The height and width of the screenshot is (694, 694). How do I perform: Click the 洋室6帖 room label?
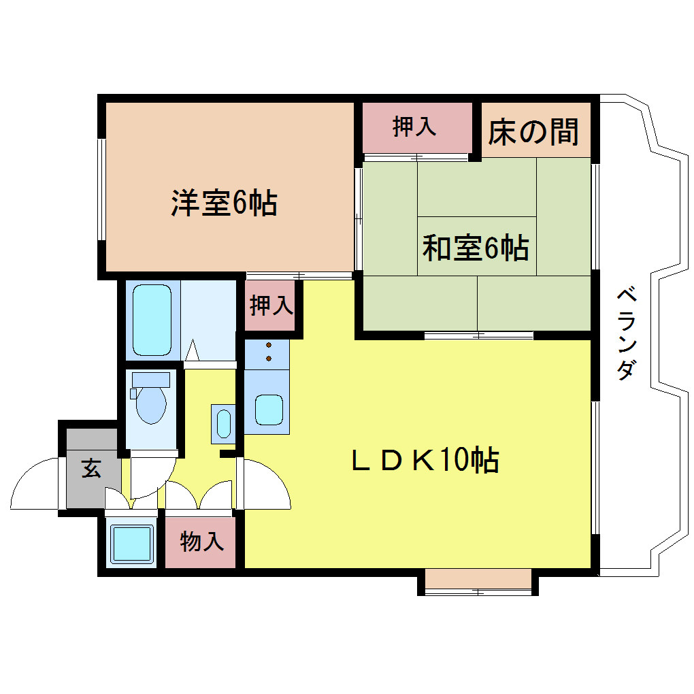tap(225, 203)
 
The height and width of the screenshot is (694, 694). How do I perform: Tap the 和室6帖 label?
tap(476, 247)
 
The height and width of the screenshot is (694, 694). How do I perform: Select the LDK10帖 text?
tap(425, 461)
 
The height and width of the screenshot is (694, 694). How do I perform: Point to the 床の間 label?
tap(533, 132)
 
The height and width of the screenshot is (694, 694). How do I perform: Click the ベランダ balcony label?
tap(627, 333)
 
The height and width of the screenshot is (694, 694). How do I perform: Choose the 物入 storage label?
tap(202, 541)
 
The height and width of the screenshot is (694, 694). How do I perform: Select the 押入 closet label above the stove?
tap(271, 305)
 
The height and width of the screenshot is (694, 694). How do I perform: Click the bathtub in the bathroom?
tap(152, 320)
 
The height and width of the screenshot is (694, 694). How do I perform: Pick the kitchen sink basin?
tap(269, 410)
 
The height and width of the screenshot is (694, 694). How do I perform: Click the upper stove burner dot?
tap(269, 345)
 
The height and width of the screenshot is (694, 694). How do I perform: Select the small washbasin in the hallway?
tap(223, 424)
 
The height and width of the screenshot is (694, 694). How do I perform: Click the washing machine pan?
tap(131, 544)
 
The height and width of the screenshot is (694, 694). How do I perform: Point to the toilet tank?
tap(151, 379)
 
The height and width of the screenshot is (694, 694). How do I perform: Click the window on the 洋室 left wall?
tap(102, 190)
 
